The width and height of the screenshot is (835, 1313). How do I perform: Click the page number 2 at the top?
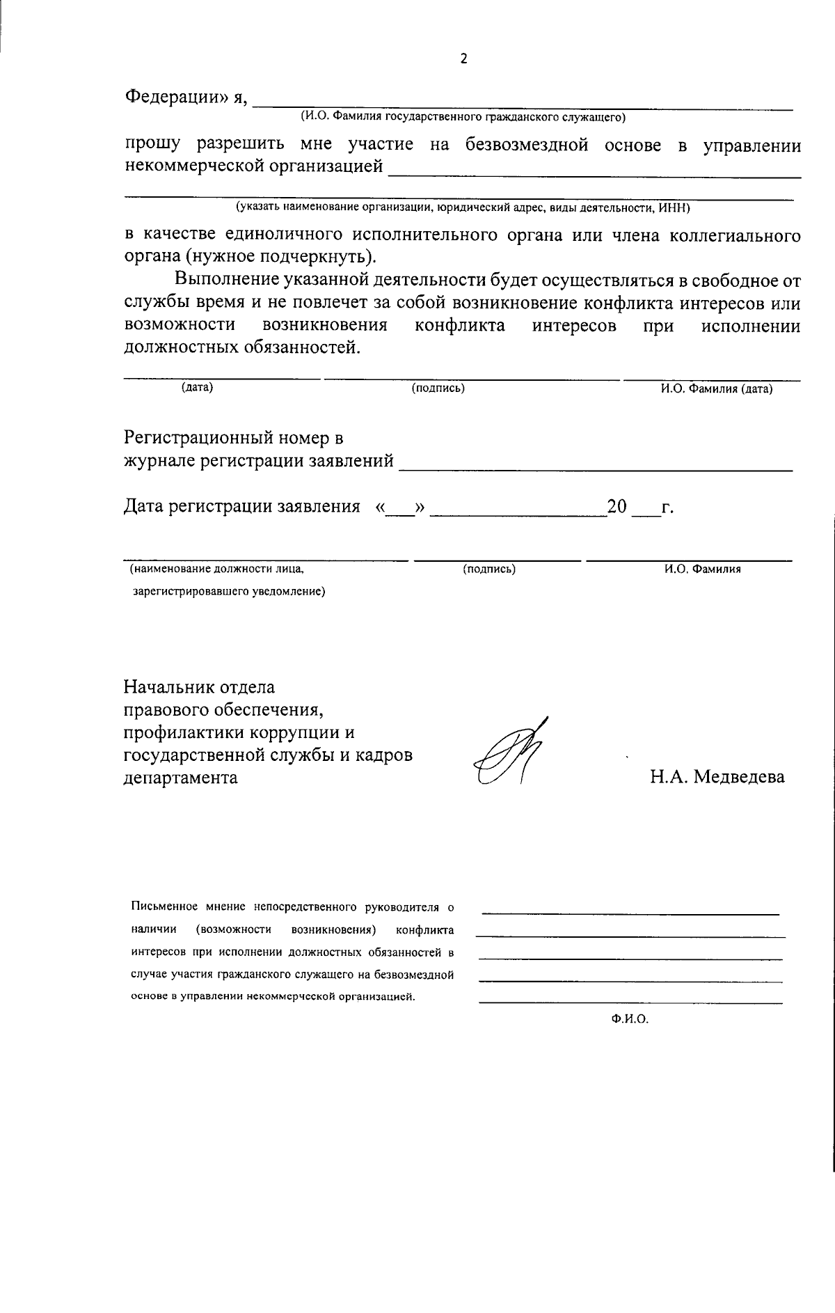[464, 59]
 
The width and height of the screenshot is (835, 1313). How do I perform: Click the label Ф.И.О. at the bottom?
[630, 1019]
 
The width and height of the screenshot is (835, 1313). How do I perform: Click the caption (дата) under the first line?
[197, 388]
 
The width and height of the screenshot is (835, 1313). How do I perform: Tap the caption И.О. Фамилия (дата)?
[717, 389]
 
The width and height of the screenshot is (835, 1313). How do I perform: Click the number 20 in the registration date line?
[617, 506]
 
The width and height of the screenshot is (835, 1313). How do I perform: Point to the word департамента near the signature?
[180, 777]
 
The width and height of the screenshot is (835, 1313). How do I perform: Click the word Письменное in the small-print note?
[164, 907]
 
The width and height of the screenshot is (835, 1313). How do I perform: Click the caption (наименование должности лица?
[217, 569]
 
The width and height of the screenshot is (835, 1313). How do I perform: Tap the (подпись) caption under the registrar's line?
[489, 569]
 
